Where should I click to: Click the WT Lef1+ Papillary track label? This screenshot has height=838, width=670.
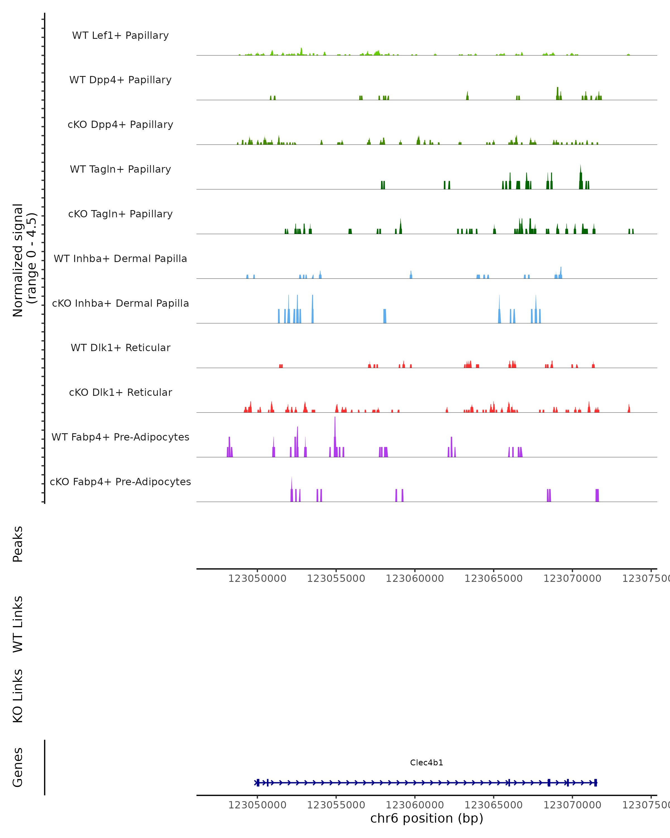[120, 35]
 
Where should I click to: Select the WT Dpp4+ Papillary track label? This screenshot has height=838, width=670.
[120, 80]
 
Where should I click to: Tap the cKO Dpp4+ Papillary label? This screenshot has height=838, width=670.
[120, 125]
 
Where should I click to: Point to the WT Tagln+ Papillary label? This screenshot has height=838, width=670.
[120, 170]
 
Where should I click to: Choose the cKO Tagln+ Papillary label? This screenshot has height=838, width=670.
[120, 214]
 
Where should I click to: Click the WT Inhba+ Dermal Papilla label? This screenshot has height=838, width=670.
[120, 259]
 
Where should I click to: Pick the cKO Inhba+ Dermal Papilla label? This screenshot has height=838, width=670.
[120, 304]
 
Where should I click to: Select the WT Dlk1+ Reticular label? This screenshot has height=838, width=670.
[120, 348]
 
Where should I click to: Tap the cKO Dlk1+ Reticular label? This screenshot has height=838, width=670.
[120, 392]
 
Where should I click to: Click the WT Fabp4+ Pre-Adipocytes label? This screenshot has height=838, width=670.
[120, 437]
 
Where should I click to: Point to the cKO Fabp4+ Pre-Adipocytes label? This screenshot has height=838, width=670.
[120, 482]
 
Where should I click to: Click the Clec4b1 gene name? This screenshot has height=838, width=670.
[427, 763]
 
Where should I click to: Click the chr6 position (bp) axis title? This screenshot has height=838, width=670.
[427, 818]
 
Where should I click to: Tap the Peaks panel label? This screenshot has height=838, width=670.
[18, 544]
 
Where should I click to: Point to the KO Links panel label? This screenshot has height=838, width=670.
[18, 696]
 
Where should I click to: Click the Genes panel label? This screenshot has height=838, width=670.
[18, 768]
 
